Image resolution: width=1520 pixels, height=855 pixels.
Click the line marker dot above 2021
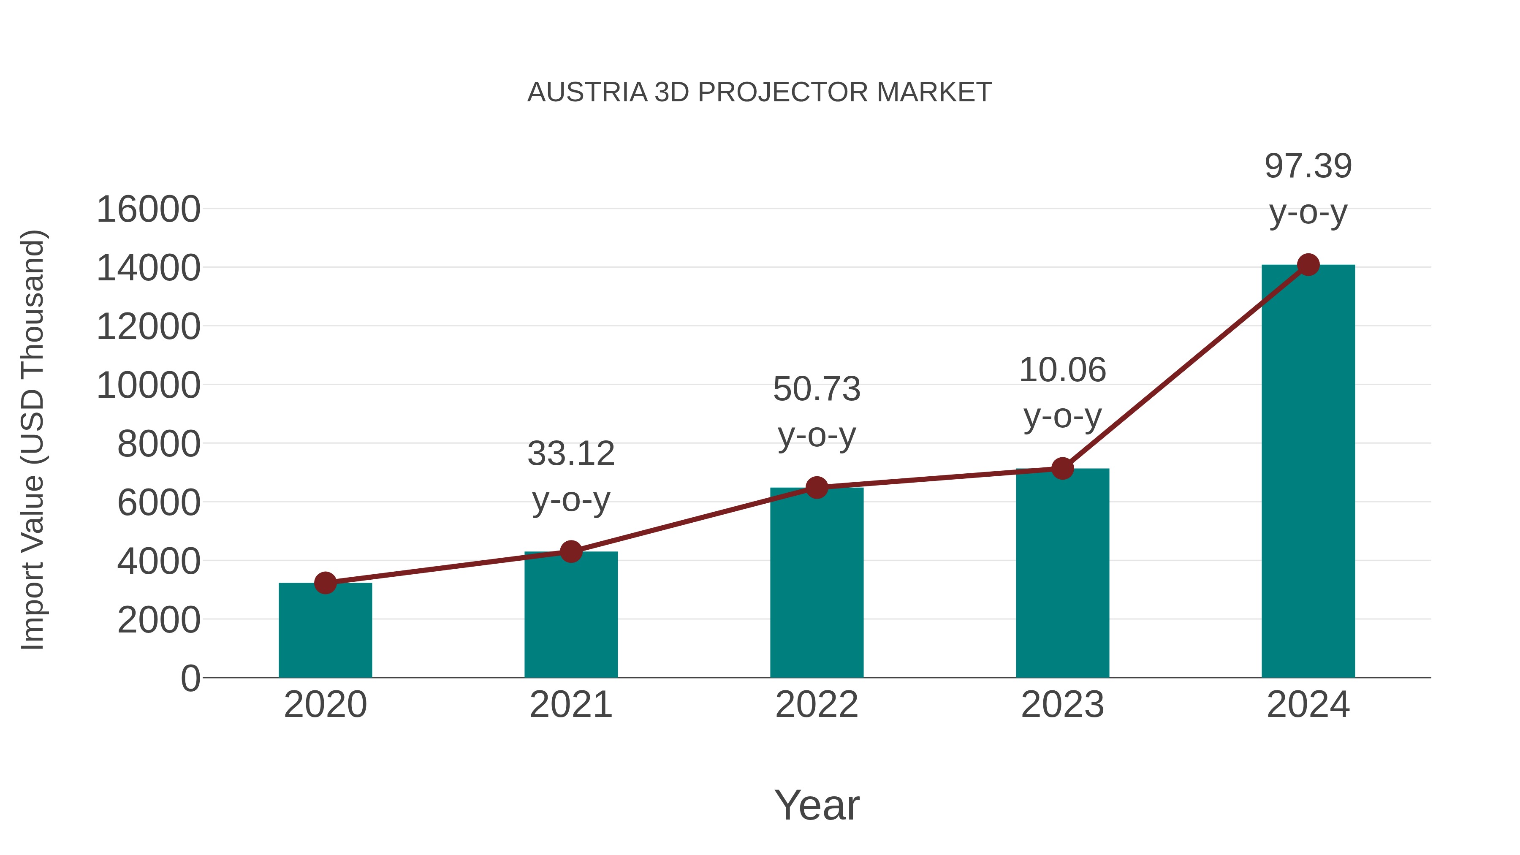click(570, 552)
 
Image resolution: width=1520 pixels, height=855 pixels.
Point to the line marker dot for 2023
click(1062, 469)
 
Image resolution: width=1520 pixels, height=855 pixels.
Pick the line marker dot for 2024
click(1308, 265)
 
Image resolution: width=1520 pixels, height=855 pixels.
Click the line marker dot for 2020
click(325, 583)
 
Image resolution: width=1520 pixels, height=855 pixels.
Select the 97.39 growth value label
click(1308, 166)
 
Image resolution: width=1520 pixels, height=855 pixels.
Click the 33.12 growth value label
click(570, 454)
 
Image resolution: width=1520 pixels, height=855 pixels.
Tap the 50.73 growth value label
click(817, 389)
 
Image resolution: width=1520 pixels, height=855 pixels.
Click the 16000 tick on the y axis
click(148, 209)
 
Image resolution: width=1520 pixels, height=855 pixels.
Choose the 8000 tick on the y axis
click(159, 444)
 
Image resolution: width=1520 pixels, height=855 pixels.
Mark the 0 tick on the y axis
click(190, 678)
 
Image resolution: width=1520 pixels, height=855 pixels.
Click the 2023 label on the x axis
click(1062, 705)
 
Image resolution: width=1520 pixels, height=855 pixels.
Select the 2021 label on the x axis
click(570, 705)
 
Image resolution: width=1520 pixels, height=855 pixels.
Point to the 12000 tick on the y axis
click(148, 326)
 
